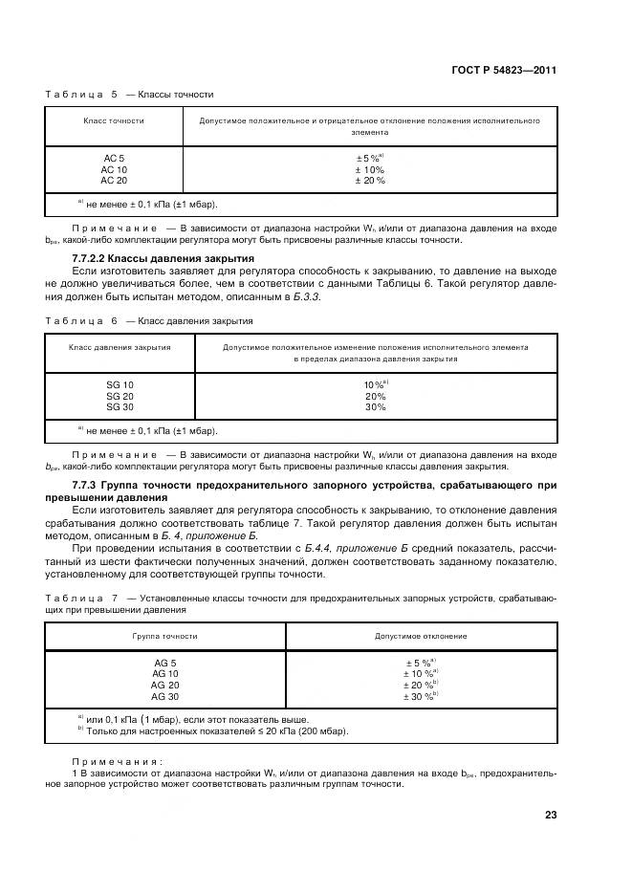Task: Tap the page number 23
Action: coord(550,815)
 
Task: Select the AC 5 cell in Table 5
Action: coord(114,158)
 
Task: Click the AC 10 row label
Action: coord(114,169)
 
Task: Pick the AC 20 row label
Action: coord(114,180)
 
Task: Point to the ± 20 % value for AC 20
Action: coord(369,180)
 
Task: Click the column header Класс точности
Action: coord(114,121)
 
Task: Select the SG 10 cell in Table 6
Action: coord(120,384)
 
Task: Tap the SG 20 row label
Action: coord(120,396)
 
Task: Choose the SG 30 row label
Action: coord(120,407)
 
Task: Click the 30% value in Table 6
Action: coord(375,407)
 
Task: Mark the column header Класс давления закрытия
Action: coord(120,348)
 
